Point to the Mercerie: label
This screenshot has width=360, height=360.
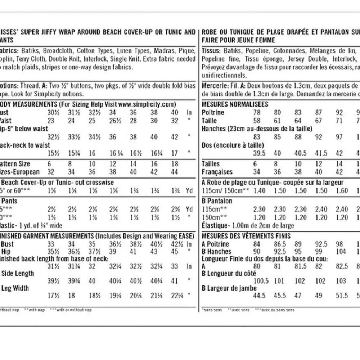(x=214, y=86)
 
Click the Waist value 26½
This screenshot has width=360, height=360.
(x=113, y=121)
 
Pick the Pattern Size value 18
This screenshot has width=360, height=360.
(x=175, y=164)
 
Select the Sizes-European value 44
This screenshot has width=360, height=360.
(x=175, y=172)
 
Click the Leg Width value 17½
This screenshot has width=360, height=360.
(x=53, y=296)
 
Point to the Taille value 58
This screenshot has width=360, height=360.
(x=257, y=121)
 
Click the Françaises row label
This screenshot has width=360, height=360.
(x=217, y=172)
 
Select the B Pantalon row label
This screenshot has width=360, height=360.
(x=217, y=201)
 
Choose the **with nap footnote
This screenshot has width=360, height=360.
(x=35, y=310)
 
